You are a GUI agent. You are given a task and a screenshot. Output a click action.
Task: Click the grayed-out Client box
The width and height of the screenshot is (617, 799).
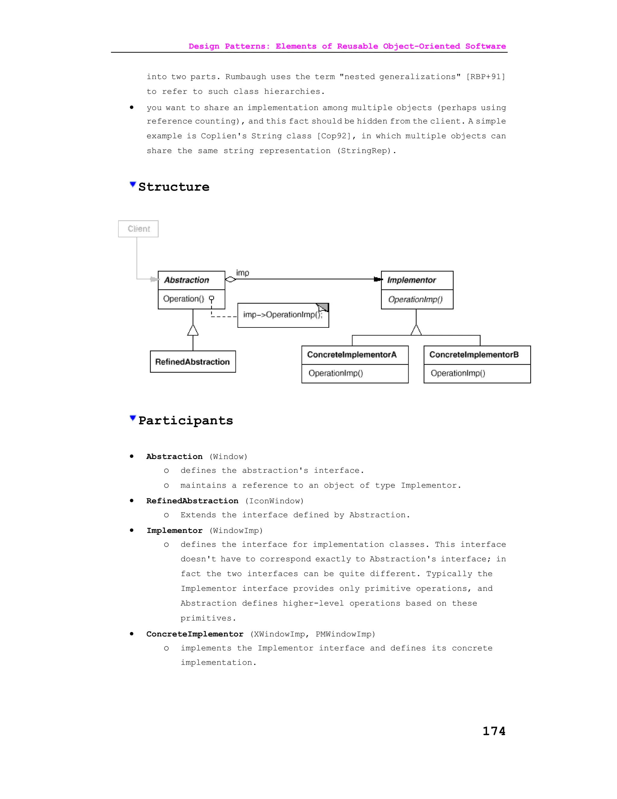138,229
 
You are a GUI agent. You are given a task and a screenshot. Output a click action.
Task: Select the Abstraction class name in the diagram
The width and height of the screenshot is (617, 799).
186,280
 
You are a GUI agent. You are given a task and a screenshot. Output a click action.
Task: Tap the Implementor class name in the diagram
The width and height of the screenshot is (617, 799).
412,280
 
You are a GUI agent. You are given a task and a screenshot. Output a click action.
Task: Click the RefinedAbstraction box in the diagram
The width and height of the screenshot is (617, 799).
193,362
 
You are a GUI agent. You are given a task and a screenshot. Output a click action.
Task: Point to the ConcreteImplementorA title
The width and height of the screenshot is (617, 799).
352,355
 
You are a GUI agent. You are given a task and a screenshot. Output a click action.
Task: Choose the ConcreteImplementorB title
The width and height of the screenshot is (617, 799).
474,355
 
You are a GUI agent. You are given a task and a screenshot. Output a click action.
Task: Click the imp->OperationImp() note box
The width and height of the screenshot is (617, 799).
283,315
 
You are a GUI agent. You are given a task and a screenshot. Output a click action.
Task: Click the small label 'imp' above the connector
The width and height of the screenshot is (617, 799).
242,273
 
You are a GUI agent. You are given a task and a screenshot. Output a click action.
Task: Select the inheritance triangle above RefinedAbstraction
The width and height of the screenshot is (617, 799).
193,330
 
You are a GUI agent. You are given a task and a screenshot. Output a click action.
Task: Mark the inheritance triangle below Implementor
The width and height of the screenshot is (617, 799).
416,330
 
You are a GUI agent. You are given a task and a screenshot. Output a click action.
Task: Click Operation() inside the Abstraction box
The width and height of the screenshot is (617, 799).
183,299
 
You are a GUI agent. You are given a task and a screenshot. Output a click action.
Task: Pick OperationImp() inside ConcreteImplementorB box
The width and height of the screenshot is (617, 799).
458,373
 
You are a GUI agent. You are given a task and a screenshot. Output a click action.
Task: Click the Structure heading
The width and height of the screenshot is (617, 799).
174,187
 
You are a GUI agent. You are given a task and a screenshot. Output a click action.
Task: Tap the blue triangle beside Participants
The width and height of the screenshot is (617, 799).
133,418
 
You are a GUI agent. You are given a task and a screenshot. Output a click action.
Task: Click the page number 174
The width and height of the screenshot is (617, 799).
494,731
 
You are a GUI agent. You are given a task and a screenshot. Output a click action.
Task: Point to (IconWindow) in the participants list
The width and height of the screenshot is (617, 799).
274,501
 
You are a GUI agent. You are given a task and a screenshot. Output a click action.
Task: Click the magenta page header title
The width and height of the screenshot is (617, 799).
347,46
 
